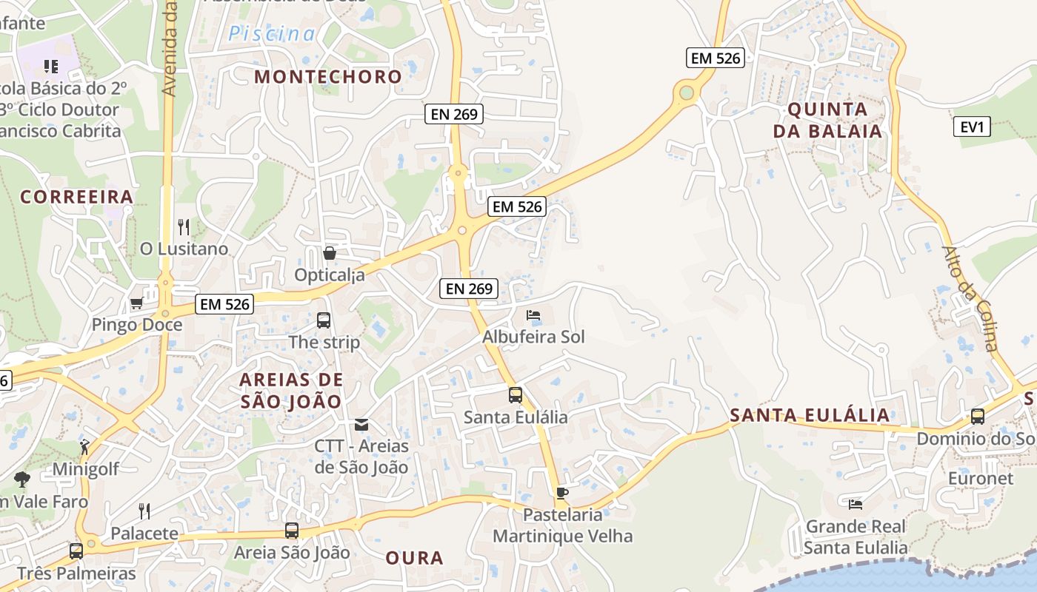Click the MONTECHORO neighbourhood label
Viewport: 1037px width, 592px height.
[x=328, y=76]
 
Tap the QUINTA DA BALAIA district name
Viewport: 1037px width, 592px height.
[x=827, y=121]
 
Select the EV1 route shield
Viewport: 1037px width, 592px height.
[x=971, y=127]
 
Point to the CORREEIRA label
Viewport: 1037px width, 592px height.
[x=76, y=197]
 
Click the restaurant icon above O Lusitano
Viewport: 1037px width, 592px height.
[x=184, y=226]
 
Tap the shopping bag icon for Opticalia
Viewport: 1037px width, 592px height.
[x=330, y=254]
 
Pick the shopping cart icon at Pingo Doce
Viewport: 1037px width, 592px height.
[x=136, y=303]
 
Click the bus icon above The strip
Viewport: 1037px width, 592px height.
[x=324, y=320]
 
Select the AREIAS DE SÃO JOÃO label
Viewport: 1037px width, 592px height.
[x=291, y=391]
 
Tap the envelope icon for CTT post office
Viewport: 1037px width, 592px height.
[x=361, y=425]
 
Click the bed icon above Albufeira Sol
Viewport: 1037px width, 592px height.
[x=533, y=315]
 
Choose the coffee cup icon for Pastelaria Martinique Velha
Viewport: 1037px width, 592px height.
[x=562, y=493]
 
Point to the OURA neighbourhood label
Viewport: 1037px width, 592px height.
[x=414, y=558]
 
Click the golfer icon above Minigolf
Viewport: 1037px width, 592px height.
[x=84, y=447]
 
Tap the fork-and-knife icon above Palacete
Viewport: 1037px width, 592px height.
[x=144, y=511]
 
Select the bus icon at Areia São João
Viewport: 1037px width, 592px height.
[x=292, y=531]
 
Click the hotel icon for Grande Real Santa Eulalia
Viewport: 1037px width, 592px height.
[x=856, y=505]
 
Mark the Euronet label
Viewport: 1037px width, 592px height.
[x=981, y=478]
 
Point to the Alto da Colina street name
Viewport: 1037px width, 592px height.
[x=971, y=298]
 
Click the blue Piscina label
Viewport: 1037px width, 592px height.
[x=271, y=33]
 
